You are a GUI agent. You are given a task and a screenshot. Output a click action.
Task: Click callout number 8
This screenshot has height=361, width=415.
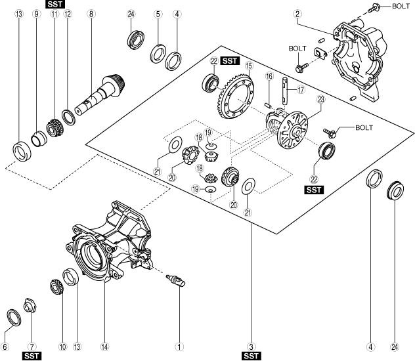(x=91, y=14)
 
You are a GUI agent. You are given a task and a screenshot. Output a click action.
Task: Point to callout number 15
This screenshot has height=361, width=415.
(x=249, y=67)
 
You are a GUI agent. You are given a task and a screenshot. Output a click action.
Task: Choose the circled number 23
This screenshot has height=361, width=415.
(x=320, y=99)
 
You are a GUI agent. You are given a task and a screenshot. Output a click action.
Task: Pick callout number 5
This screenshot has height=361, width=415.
(x=158, y=14)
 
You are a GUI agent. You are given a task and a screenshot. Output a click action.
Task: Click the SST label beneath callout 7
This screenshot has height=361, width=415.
(x=32, y=356)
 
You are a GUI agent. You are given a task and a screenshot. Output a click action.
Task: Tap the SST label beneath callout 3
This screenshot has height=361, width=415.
(x=251, y=356)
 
